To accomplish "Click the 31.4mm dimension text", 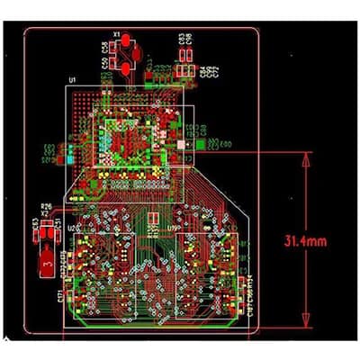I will [x=305, y=241].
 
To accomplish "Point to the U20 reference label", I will [x=75, y=228].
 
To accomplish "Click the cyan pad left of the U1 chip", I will [x=69, y=159].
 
